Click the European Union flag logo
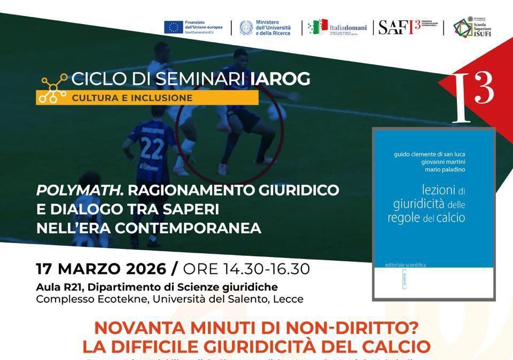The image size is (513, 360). click(x=173, y=27)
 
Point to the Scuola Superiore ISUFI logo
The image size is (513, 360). click(x=472, y=27)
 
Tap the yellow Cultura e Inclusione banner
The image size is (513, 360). click(x=147, y=98)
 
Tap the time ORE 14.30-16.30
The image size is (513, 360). click(x=246, y=269)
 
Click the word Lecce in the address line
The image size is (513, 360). click(x=288, y=299)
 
